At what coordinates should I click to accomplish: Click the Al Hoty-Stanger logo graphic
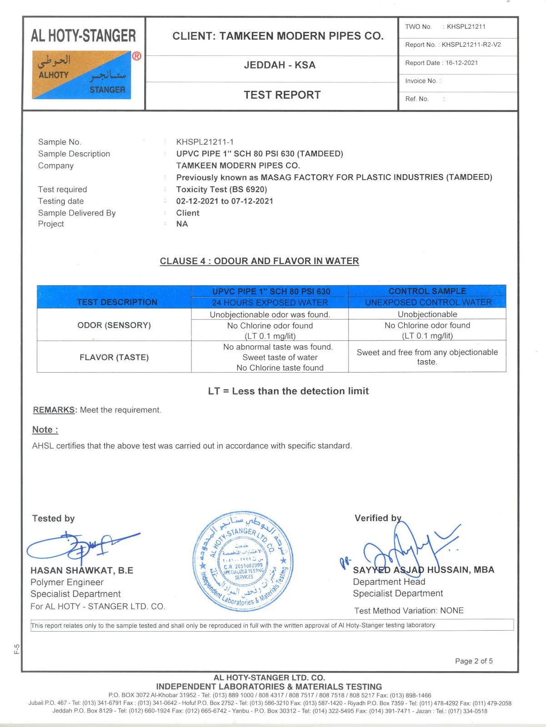pyautogui.click(x=81, y=75)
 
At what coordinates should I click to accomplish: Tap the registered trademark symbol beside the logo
pyautogui.click(x=136, y=56)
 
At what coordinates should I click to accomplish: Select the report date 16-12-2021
pyautogui.click(x=461, y=63)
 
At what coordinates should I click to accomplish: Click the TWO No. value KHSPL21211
pyautogui.click(x=466, y=27)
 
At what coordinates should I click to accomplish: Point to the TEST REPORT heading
pyautogui.click(x=282, y=95)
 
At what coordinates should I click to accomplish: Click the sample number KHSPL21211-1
pyautogui.click(x=205, y=142)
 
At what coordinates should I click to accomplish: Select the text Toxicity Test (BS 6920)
pyautogui.click(x=221, y=189)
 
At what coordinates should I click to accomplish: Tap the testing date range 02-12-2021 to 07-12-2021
pyautogui.click(x=225, y=201)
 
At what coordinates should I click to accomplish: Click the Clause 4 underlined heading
pyautogui.click(x=259, y=261)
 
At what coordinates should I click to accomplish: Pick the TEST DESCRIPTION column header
pyautogui.click(x=117, y=302)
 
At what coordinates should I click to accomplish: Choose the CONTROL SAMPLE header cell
pyautogui.click(x=427, y=291)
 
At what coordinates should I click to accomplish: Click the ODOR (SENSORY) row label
pyautogui.click(x=114, y=325)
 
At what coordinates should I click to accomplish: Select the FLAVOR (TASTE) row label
pyautogui.click(x=114, y=358)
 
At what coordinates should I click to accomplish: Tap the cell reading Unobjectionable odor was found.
pyautogui.click(x=270, y=314)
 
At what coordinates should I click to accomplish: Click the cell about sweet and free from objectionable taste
pyautogui.click(x=427, y=357)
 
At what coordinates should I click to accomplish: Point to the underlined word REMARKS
pyautogui.click(x=54, y=410)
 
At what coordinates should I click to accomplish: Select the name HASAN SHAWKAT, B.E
pyautogui.click(x=82, y=571)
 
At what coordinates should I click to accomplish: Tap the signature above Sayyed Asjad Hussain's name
pyautogui.click(x=405, y=545)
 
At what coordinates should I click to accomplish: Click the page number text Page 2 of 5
pyautogui.click(x=474, y=661)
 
